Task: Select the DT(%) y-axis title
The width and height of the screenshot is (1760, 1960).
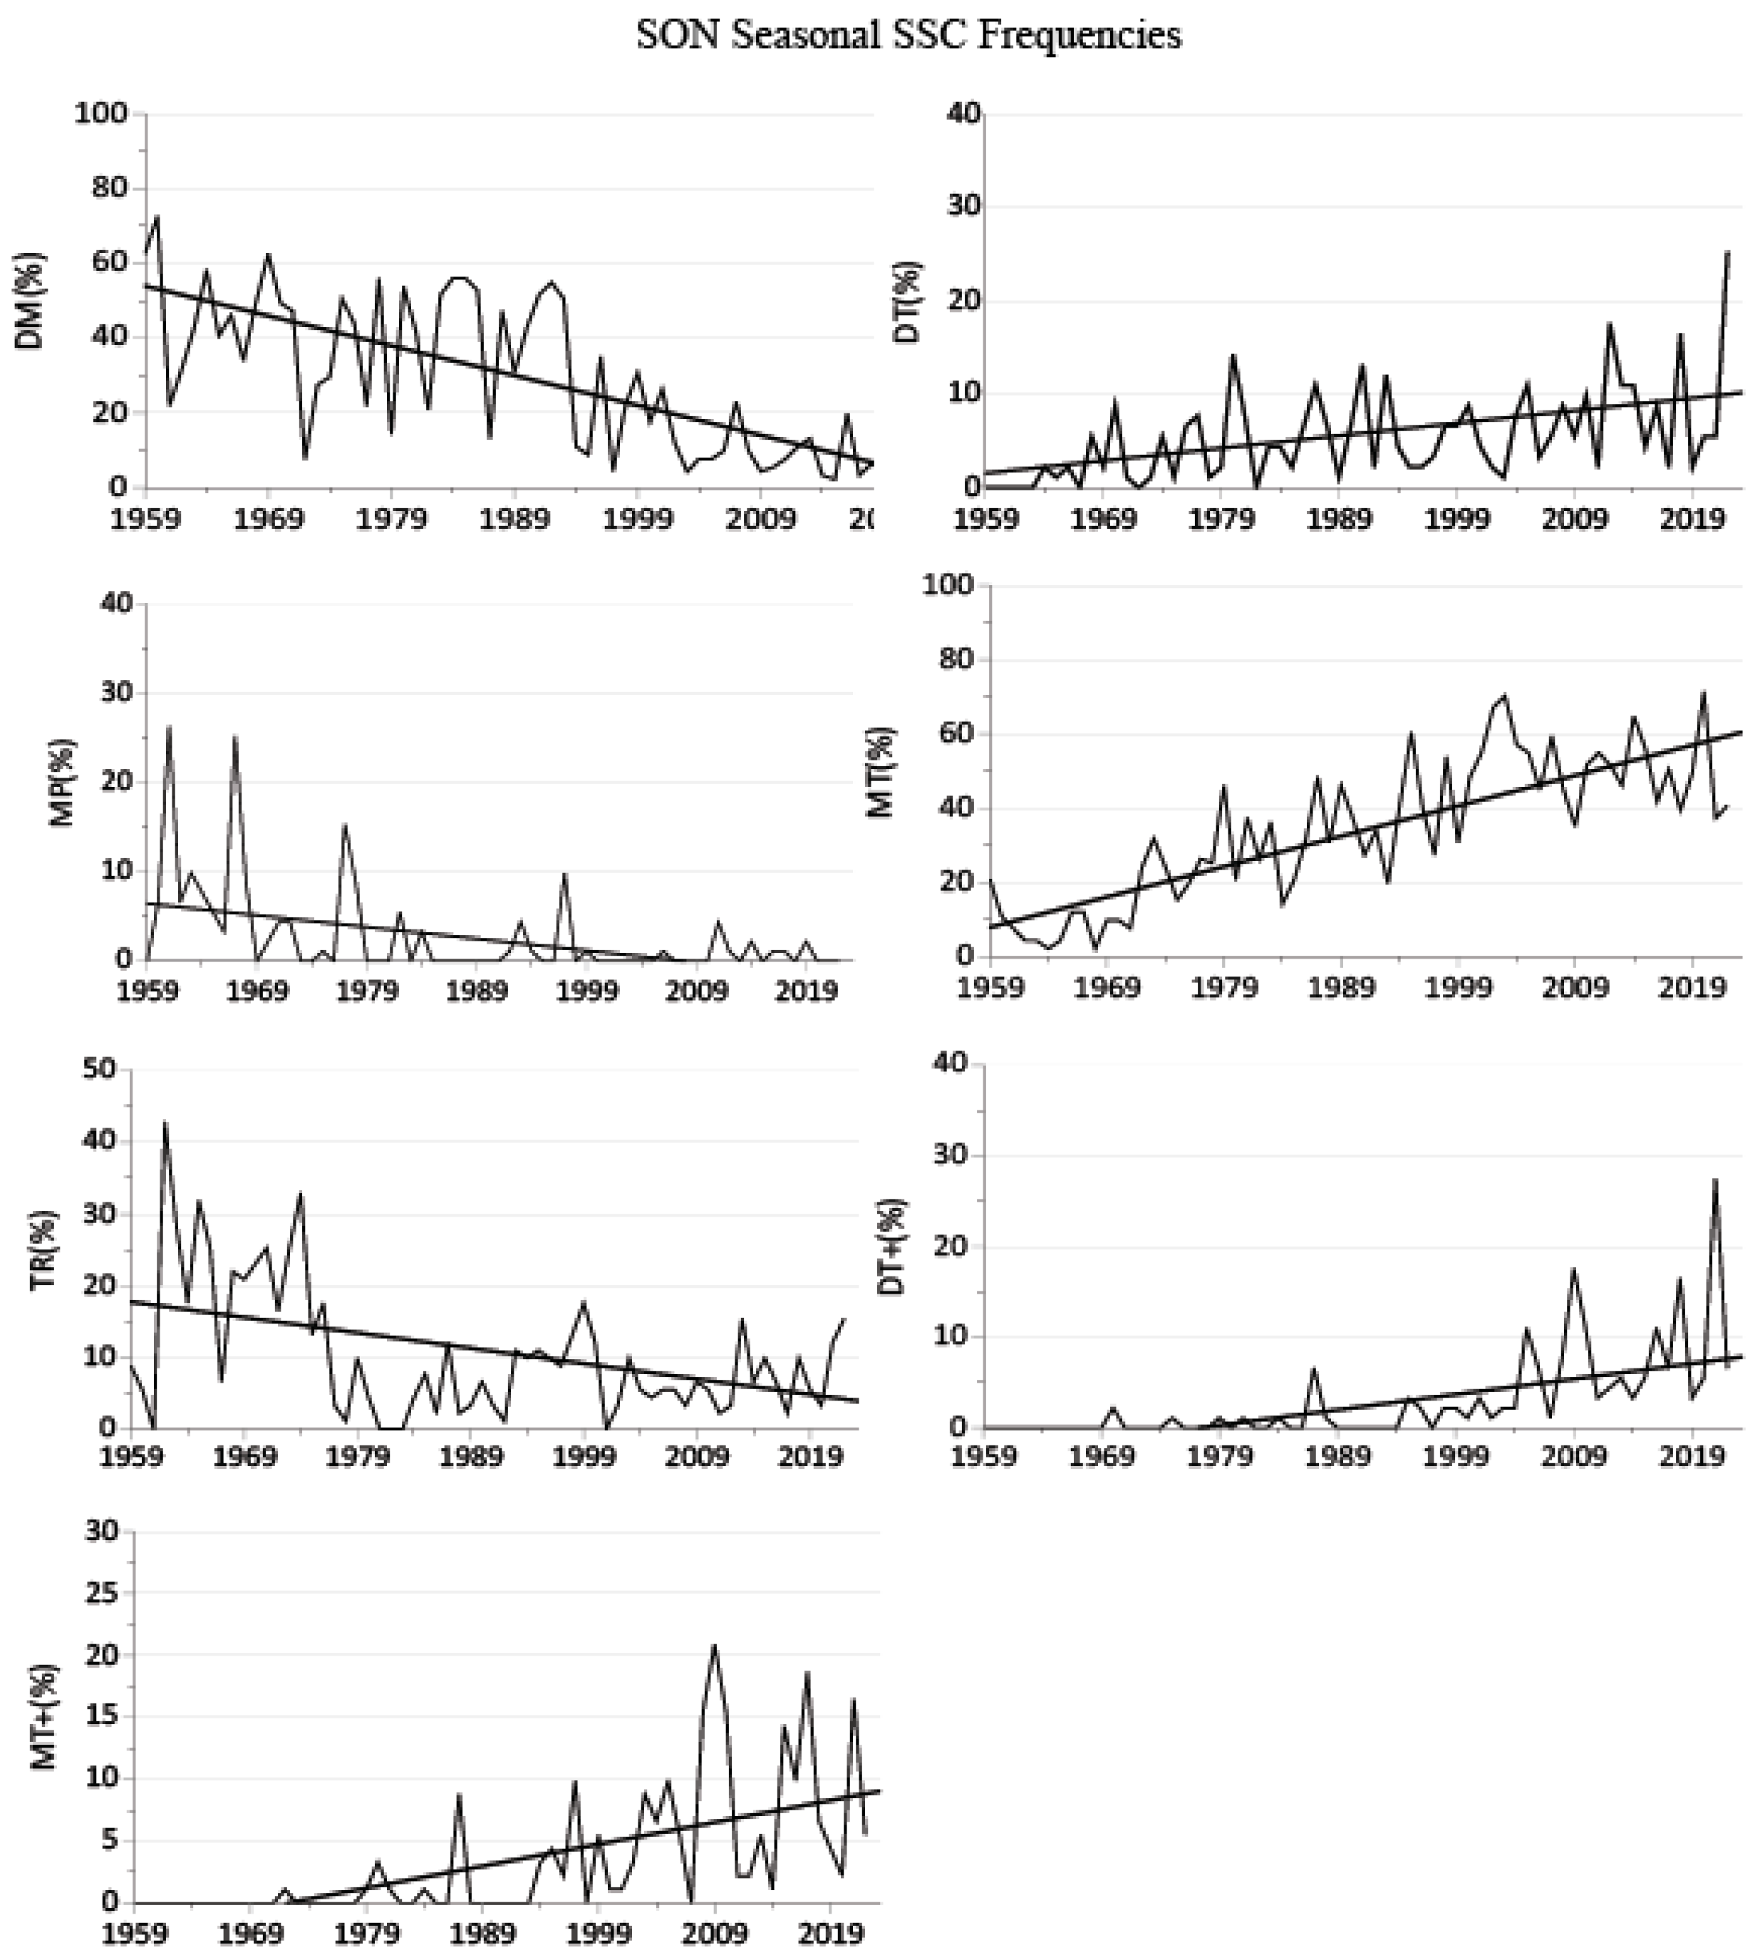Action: click(910, 301)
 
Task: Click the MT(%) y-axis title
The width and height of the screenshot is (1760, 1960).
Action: click(881, 771)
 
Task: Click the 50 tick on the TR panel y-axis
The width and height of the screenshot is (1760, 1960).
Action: click(100, 1069)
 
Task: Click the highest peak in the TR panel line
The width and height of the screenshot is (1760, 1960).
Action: click(165, 1123)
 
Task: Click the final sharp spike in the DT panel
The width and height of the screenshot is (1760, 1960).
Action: click(1728, 252)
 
